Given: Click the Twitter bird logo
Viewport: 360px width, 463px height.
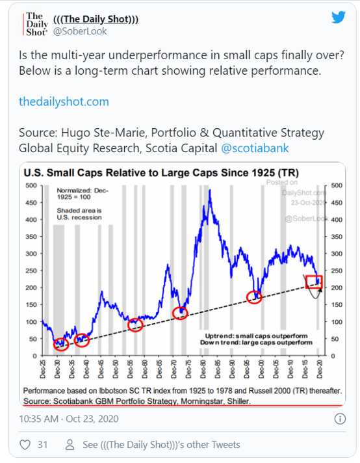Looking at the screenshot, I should pos(338,18).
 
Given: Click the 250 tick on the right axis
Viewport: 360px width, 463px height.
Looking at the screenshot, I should pos(336,271).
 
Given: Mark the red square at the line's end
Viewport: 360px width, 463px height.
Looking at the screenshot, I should pos(315,281).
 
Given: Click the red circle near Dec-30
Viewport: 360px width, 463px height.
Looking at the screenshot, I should pos(60,344).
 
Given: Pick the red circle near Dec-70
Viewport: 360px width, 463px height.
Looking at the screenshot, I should pos(180,313).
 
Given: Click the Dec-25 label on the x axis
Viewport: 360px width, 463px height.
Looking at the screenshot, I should pos(43,370).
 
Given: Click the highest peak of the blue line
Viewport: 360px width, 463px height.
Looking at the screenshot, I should pos(210,190).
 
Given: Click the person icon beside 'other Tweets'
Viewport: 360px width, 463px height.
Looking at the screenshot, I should pos(69,445).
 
